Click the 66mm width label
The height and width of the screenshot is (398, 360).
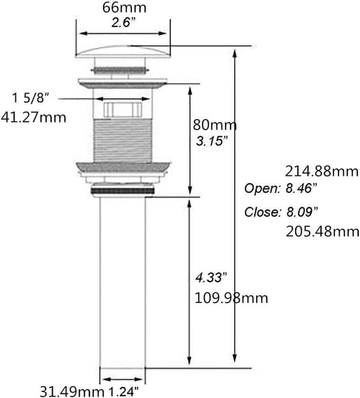coord(124,8)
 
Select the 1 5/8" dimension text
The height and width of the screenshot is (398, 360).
coord(30,98)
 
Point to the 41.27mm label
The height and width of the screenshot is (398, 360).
coord(33,118)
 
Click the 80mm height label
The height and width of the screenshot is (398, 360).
coord(215,125)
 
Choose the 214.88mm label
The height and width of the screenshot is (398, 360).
coord(322,171)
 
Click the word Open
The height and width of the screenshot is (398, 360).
coord(262,188)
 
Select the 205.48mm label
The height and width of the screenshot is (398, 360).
coord(322,232)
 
